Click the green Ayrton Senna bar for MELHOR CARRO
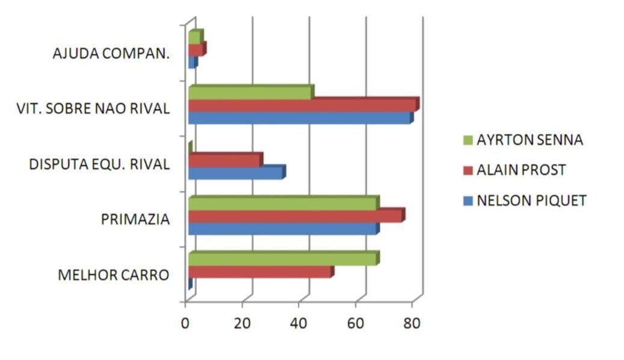[x=283, y=259]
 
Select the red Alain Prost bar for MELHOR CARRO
[x=260, y=272]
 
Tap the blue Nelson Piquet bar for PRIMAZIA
[x=283, y=229]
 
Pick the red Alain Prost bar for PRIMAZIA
[x=295, y=216]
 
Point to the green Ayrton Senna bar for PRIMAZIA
[x=283, y=203]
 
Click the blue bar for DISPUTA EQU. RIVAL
[x=236, y=173]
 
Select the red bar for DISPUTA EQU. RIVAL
[x=224, y=161]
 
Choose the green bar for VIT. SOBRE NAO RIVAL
[x=250, y=93]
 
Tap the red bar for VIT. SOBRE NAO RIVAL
[x=302, y=105]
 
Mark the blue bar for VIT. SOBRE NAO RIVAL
[x=300, y=118]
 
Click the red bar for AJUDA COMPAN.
[x=196, y=50]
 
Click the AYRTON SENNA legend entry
[x=530, y=140]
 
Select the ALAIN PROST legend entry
[x=521, y=170]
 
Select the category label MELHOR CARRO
[x=113, y=276]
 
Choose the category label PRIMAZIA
[x=135, y=220]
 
